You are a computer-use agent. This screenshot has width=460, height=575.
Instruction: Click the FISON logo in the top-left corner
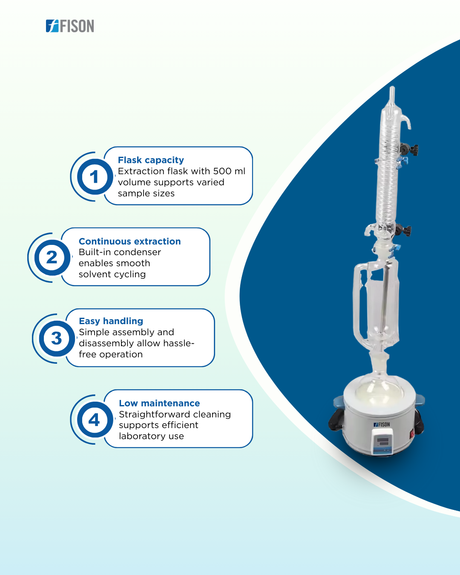coord(70,26)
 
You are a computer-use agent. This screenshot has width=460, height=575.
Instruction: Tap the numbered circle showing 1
coord(95,177)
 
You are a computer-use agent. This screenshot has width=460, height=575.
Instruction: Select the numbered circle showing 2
coord(52,258)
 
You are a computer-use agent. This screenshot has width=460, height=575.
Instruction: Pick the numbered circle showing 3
coord(57,339)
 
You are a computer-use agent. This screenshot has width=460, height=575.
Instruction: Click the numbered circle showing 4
coord(95,420)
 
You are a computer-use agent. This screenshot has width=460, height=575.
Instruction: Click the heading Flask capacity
coord(151,160)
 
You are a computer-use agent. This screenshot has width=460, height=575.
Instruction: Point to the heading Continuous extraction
coord(129,241)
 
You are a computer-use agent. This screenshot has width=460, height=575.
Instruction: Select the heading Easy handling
coord(111,321)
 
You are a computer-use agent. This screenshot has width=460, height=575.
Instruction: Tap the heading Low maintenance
coord(159,403)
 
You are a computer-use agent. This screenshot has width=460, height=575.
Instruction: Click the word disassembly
coord(106,343)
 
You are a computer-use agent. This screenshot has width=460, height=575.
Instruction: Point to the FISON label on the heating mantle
coord(382,425)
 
